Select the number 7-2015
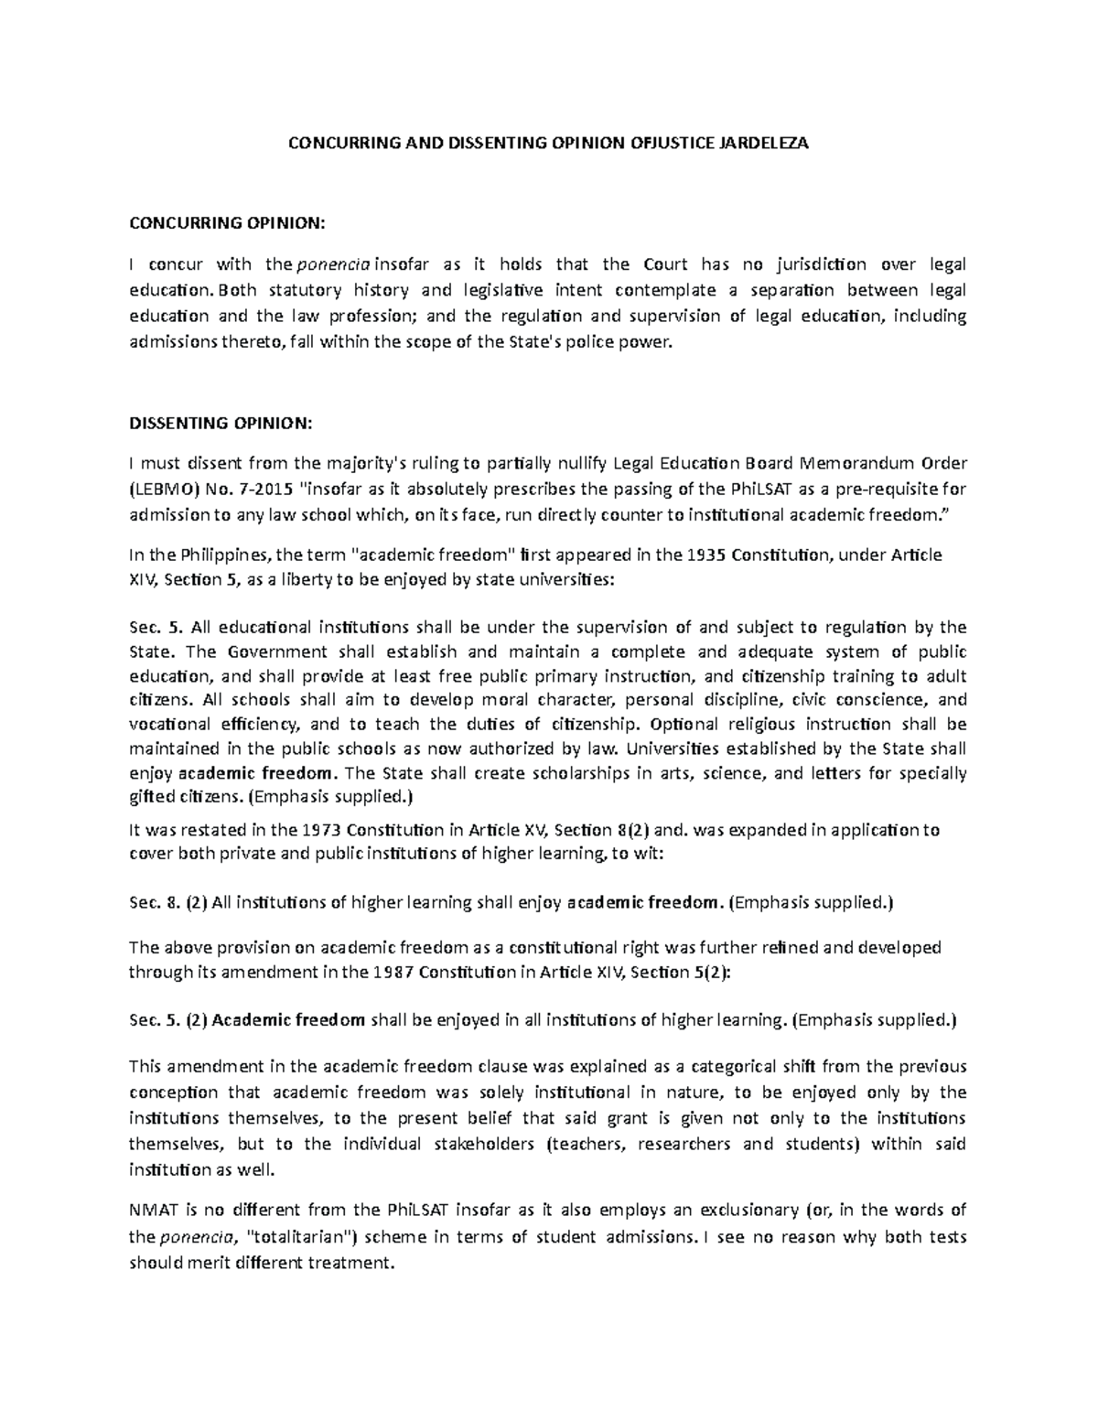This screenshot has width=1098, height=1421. click(264, 488)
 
